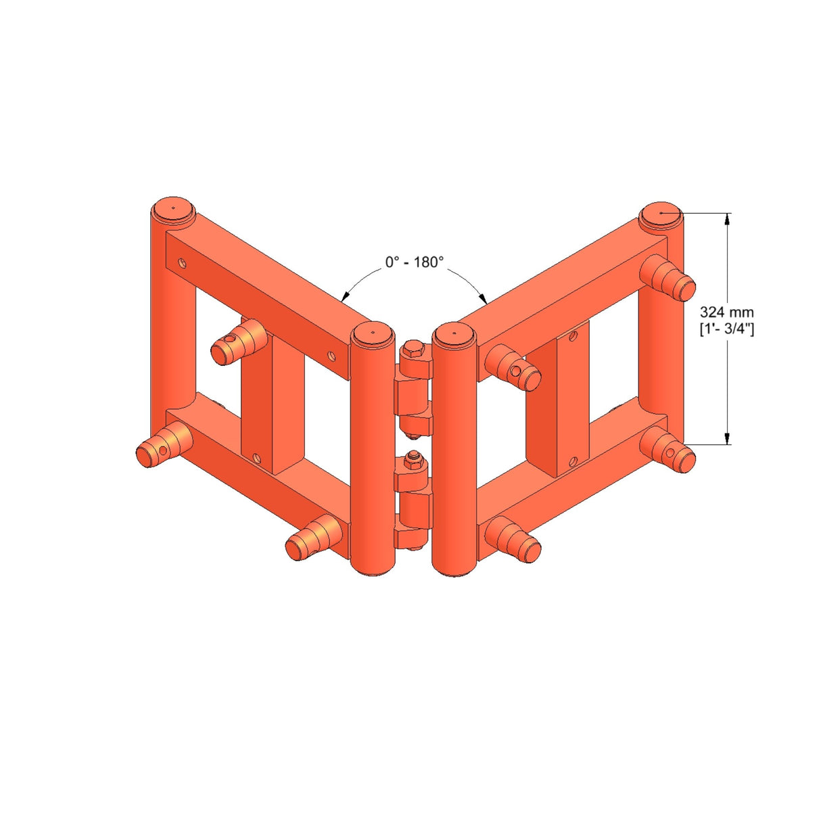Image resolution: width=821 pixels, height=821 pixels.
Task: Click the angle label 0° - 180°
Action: (414, 262)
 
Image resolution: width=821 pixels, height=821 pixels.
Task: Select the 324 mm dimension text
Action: (726, 312)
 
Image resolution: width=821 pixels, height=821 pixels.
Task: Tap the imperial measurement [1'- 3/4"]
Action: (726, 329)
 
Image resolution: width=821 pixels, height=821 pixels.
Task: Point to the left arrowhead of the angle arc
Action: (344, 296)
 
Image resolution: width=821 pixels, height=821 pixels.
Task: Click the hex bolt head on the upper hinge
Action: (413, 351)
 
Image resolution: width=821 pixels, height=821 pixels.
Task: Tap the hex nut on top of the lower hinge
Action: (412, 463)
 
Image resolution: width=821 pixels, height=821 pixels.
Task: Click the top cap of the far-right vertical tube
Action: (661, 212)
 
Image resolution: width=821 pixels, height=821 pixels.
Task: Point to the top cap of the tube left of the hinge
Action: (372, 333)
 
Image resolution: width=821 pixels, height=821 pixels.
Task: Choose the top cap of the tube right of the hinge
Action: (454, 333)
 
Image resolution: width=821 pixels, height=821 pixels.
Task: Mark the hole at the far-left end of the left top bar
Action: (181, 260)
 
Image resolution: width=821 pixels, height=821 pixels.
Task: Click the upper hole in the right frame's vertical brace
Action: (573, 334)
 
